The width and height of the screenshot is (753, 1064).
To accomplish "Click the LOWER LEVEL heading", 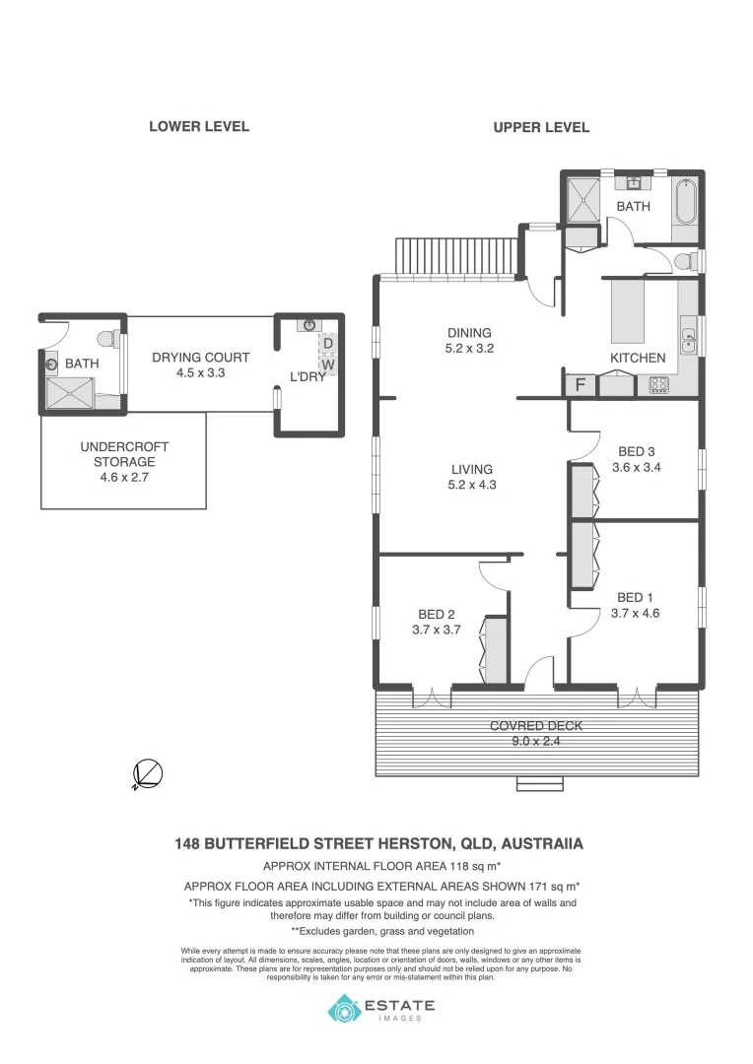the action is coord(198,126).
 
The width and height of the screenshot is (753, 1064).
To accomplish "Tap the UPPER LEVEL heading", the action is coord(541,127).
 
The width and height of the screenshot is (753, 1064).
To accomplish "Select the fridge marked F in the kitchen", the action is coord(582,385).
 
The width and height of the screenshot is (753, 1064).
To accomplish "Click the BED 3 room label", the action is coord(636,452).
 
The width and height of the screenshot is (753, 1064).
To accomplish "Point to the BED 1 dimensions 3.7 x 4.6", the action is coord(635,613).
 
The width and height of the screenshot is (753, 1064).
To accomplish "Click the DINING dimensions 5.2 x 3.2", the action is coord(469,348).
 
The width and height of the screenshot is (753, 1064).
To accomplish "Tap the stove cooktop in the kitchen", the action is coord(658,385).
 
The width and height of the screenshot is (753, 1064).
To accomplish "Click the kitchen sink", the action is coord(689,341).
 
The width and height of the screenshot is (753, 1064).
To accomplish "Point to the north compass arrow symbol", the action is coord(148,775).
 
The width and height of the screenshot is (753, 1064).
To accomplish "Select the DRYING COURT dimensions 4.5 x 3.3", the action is coord(200,372).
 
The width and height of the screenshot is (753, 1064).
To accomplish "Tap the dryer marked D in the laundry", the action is coord(328,344).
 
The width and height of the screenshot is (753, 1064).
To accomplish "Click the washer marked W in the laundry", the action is coord(328,365).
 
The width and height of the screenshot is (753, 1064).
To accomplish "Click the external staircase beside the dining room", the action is coord(455,258).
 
